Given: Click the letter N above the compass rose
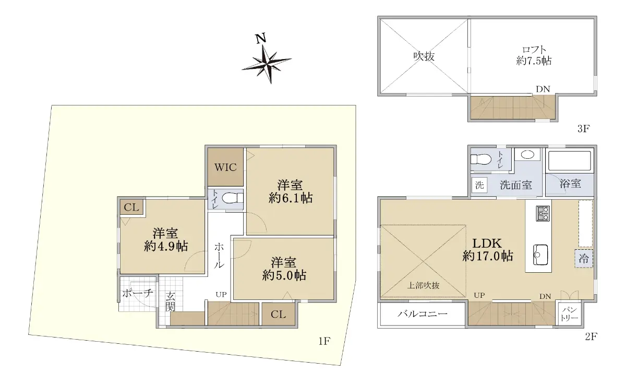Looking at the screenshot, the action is tap(261, 38).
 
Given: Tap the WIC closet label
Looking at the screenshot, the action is tap(225, 167).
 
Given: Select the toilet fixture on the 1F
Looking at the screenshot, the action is tap(233, 198).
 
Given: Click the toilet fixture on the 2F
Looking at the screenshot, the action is tap(481, 159).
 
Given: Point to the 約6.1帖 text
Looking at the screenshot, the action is tap(291, 198).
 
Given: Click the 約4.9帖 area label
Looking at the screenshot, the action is tap(166, 247).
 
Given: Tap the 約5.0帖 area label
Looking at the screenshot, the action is tap(284, 275).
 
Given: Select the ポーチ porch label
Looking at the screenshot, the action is tap(138, 293).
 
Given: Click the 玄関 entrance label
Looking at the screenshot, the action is tap(170, 301).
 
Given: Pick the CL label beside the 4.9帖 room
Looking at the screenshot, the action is tap(131, 207).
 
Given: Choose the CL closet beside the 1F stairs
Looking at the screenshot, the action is tap(279, 314).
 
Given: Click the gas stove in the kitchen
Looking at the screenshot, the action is tap(543, 213).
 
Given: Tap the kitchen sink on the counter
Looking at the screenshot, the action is tap(540, 255).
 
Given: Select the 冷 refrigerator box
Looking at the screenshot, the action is tap(584, 259).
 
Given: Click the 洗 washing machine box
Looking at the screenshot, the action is tap(479, 185).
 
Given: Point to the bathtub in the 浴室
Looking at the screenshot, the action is tap(570, 159).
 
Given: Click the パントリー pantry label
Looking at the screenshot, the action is tap(570, 315).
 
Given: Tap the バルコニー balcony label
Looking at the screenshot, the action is tap(423, 314).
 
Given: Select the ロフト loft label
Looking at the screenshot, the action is tap(534, 50).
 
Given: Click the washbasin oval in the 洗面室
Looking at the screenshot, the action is tap(527, 155).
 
